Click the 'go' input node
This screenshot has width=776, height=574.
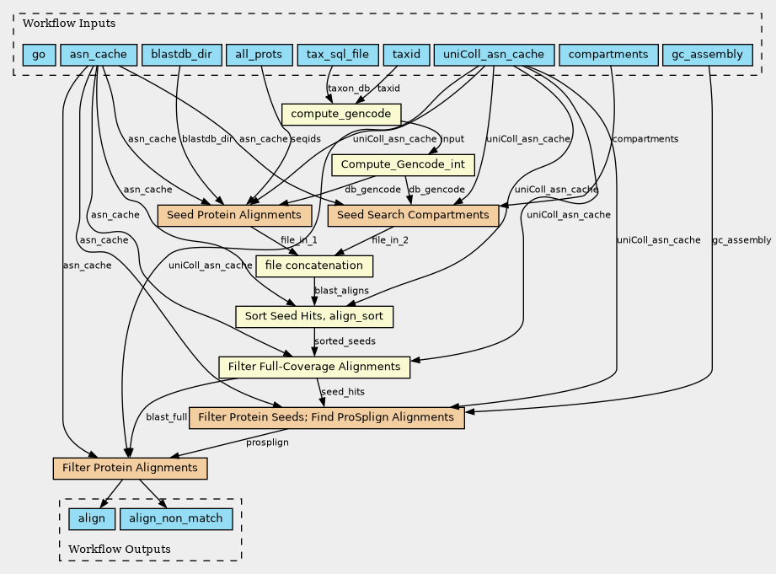(39, 55)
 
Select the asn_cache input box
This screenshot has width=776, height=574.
(99, 55)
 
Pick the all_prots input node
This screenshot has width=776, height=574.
(260, 55)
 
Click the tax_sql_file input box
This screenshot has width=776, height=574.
(337, 55)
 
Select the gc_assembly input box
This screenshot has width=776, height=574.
(708, 55)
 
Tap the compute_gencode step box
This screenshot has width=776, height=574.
(341, 113)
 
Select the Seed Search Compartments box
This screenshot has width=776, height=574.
(412, 215)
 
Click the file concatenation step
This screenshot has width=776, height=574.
(314, 266)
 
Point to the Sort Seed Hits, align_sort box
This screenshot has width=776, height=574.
(314, 316)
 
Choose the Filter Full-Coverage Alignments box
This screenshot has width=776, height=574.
(314, 367)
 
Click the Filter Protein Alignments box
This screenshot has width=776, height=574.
(130, 467)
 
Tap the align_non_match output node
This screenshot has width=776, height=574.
(176, 518)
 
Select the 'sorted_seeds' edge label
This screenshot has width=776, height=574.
(345, 341)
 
